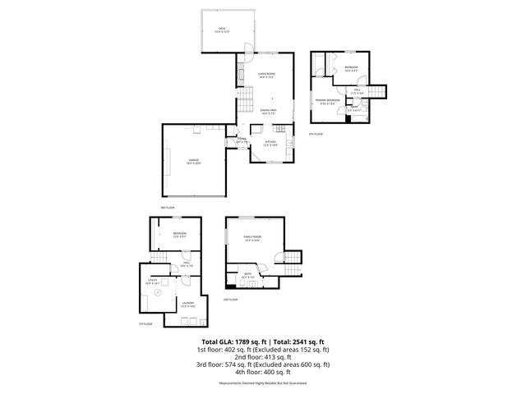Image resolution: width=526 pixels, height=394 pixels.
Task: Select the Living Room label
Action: (x=265, y=76)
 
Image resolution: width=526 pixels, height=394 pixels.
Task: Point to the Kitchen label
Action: (x=270, y=143)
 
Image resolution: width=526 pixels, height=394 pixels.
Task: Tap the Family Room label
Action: (x=251, y=238)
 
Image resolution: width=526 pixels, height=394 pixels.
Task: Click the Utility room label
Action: (x=155, y=281)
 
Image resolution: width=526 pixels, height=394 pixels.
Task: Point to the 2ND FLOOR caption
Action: (x=230, y=300)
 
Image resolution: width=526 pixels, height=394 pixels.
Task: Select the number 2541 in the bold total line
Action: (x=305, y=341)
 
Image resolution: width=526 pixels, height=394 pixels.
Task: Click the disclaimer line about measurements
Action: (x=262, y=383)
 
